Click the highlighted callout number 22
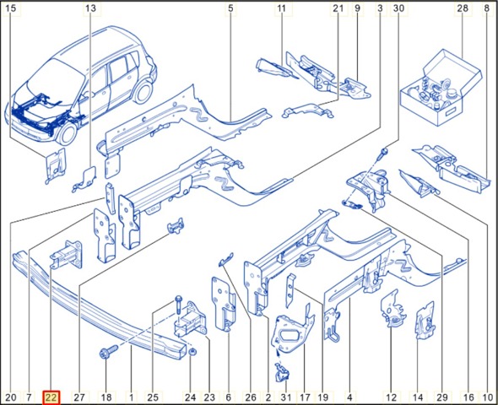coord(51,397)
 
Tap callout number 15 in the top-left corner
coord(11,8)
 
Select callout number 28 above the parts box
coord(463,8)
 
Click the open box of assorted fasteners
coord(441,88)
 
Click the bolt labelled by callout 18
coord(108,352)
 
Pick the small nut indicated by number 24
coord(192,352)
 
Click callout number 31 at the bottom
coord(286,397)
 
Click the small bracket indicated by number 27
coord(176,226)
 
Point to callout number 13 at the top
coord(90,8)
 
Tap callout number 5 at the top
coord(230,8)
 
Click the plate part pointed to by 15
coord(55,165)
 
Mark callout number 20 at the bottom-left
coord(11,397)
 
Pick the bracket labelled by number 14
coord(425,321)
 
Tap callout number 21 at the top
coord(338,8)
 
